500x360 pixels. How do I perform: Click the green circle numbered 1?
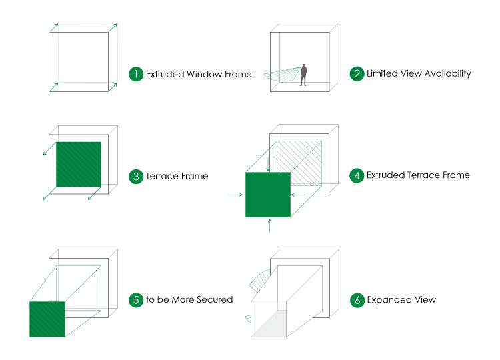136,74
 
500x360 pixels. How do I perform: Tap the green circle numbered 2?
357,73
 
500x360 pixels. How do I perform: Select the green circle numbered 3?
136,176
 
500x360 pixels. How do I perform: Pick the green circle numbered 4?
357,175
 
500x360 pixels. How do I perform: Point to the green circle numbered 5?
136,300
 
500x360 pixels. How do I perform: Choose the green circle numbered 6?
357,300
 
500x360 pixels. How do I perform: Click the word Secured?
215,300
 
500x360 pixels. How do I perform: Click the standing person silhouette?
303,75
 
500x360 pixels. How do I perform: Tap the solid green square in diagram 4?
268,195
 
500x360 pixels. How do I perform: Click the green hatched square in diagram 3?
79,164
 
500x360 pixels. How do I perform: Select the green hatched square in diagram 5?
47,319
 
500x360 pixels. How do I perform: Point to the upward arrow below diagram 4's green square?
270,226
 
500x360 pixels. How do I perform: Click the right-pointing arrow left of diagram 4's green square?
235,195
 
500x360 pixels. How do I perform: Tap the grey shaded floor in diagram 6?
269,323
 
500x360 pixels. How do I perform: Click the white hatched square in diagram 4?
299,163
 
